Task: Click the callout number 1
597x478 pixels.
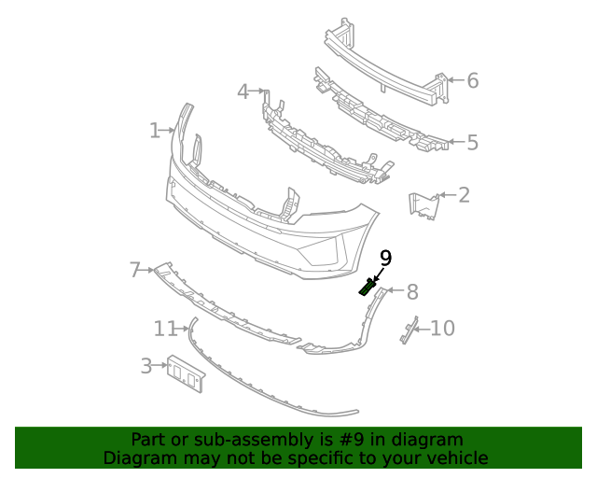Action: point(155,131)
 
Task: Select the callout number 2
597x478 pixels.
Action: point(464,195)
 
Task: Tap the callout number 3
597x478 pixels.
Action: point(146,366)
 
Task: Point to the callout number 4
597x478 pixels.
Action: point(243,91)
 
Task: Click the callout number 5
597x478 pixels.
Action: point(472,143)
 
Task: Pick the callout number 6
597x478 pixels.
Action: point(472,81)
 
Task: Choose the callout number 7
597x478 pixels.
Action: point(135,271)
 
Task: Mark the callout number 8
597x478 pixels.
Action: point(411,292)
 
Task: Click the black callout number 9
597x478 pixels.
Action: point(385,259)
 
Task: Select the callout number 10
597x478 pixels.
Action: point(442,329)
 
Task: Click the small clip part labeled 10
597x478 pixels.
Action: point(407,330)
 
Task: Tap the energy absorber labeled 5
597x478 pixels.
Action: point(382,118)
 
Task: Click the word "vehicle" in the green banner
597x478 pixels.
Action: point(455,458)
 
